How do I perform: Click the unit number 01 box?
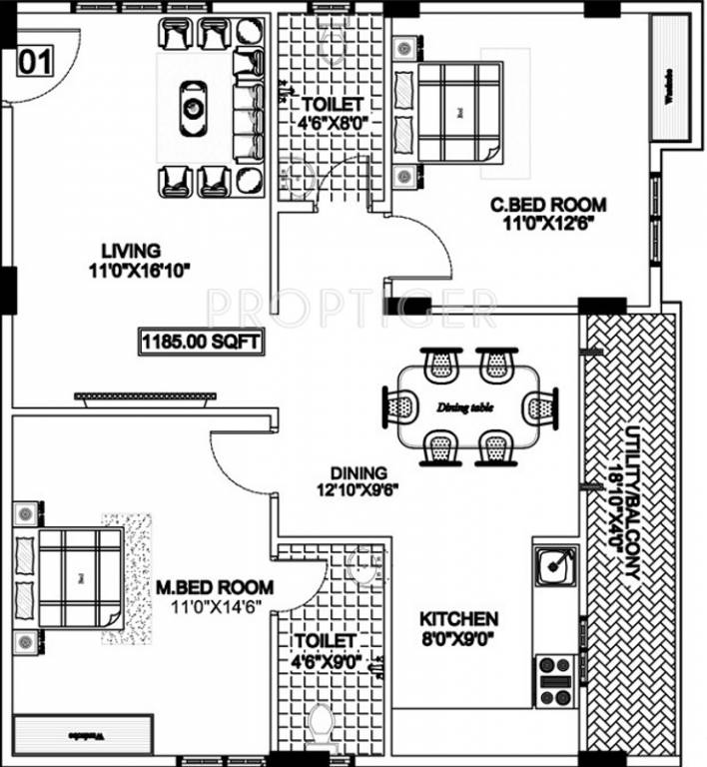tap(34, 63)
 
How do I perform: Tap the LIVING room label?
tap(130, 250)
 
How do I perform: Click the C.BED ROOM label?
tap(547, 206)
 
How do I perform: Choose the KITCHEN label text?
tap(459, 619)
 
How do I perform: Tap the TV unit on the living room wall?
tap(145, 397)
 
